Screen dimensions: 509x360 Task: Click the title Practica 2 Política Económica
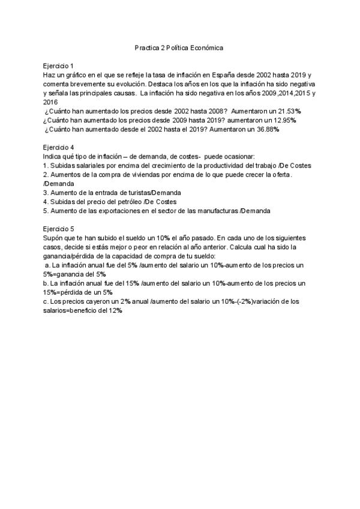pos(179,47)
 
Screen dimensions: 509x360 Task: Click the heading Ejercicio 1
pos(58,65)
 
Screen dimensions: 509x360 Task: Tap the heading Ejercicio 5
pos(58,229)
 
